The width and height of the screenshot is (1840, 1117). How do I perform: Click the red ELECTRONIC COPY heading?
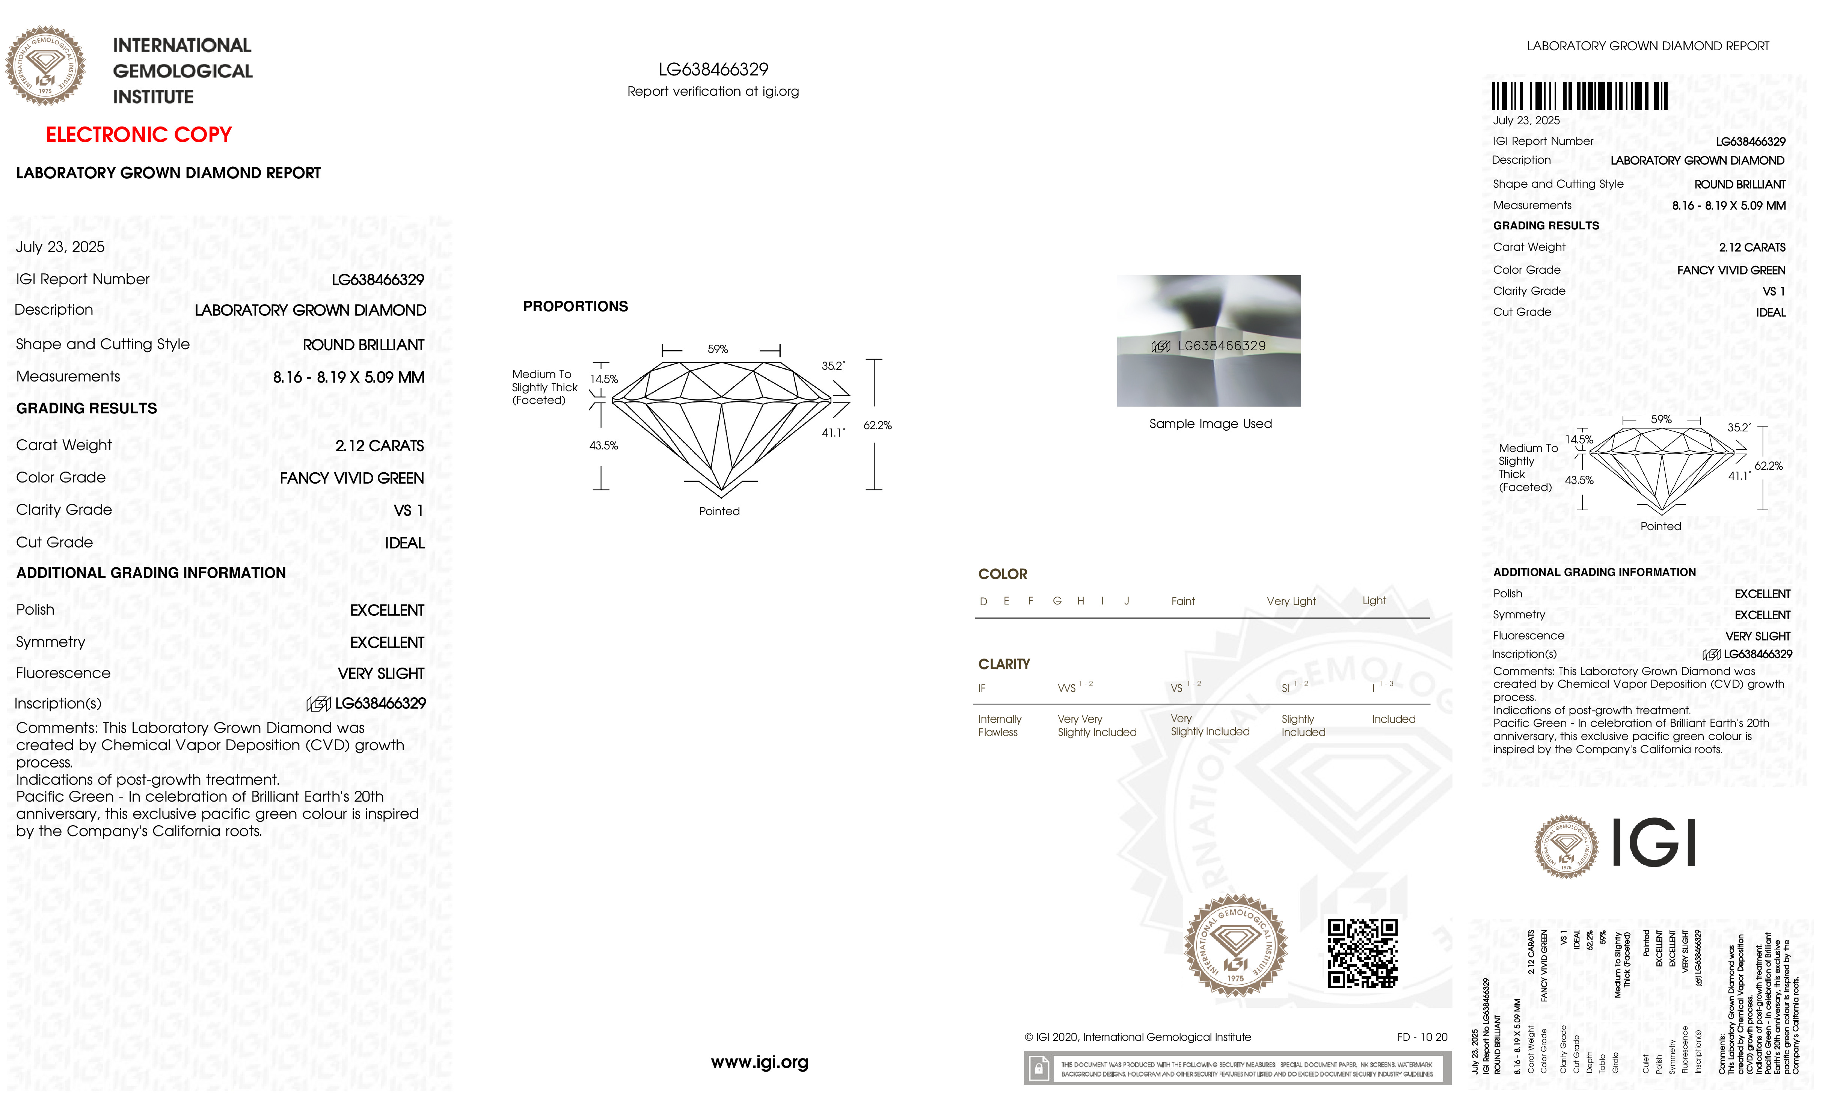(x=139, y=135)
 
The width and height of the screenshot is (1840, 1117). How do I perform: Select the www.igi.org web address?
(x=759, y=1062)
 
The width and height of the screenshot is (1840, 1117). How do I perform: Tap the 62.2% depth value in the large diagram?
(x=878, y=426)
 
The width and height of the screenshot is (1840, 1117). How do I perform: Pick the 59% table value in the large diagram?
(x=718, y=350)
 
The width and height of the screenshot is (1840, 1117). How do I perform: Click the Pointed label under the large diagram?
(x=719, y=511)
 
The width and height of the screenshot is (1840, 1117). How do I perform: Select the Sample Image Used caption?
(x=1210, y=424)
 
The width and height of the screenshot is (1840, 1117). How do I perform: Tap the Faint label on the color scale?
(x=1183, y=601)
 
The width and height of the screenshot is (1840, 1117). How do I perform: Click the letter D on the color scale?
(x=983, y=601)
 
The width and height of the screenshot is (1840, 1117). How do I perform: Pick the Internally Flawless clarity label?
(x=999, y=726)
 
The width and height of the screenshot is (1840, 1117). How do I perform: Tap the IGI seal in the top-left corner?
(x=45, y=66)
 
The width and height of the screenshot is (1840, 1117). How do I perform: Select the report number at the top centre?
(x=713, y=69)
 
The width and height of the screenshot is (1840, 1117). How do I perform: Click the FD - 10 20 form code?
(x=1422, y=1037)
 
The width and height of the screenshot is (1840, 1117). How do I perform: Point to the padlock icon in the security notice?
(x=1038, y=1069)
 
